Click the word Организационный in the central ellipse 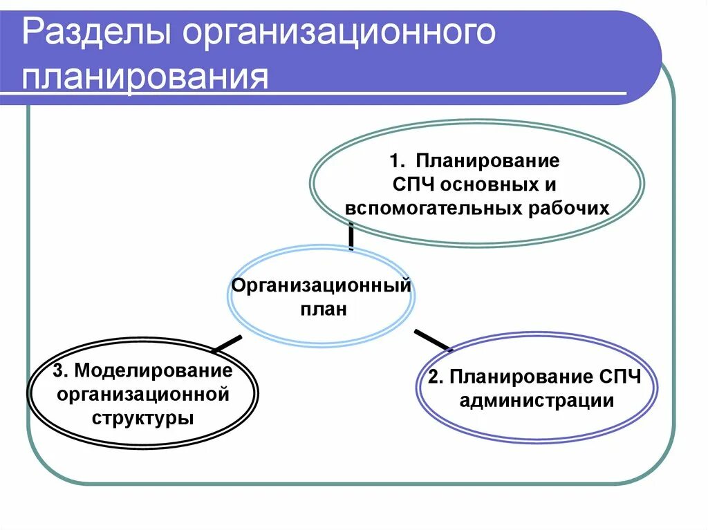click(x=322, y=285)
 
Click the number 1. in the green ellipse click(x=399, y=162)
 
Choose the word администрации click(x=537, y=401)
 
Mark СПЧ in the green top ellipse click(x=413, y=185)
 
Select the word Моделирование click(x=153, y=370)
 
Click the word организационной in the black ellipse click(x=143, y=394)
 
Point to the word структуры click(x=143, y=417)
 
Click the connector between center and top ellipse click(x=351, y=238)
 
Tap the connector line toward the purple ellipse click(x=432, y=340)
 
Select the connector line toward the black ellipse click(x=227, y=343)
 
